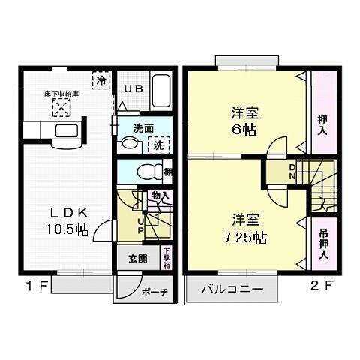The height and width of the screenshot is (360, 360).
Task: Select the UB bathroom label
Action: pos(133,88)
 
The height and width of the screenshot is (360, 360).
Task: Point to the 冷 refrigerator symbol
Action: pos(99,77)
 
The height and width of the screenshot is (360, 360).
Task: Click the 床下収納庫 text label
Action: pos(61,94)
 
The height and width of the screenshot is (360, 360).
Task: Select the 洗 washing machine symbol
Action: pos(159,145)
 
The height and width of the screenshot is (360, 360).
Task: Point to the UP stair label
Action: pos(140,224)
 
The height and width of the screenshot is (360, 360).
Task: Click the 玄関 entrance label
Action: pos(138,259)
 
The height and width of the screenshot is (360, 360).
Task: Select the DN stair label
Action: pos(292,172)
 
